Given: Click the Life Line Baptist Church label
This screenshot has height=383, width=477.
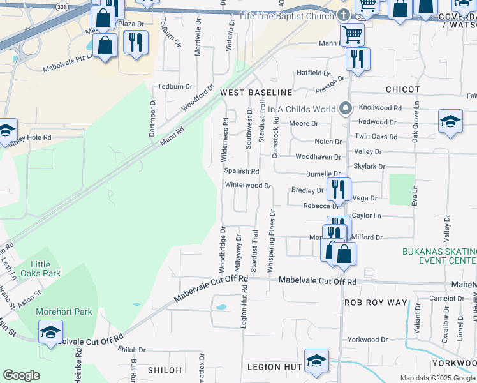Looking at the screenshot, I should point(288,15).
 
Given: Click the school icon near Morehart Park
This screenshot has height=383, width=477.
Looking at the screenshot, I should point(50,332).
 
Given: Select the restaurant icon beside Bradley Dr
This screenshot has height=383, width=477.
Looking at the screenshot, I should point(338,190).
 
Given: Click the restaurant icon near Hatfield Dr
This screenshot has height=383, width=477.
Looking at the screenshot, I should point(358,59).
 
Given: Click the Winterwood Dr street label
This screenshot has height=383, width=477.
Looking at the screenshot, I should point(248,186).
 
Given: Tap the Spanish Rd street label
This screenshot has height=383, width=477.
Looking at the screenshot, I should point(241,171).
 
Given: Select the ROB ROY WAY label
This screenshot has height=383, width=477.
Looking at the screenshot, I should point(375,303).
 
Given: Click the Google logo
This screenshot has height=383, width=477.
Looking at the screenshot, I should point(21,375).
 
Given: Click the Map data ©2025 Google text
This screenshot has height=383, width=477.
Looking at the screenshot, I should point(437,378).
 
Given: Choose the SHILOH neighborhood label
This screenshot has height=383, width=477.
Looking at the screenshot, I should point(165,370).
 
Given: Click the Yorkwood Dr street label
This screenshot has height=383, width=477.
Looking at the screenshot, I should point(367,340).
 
